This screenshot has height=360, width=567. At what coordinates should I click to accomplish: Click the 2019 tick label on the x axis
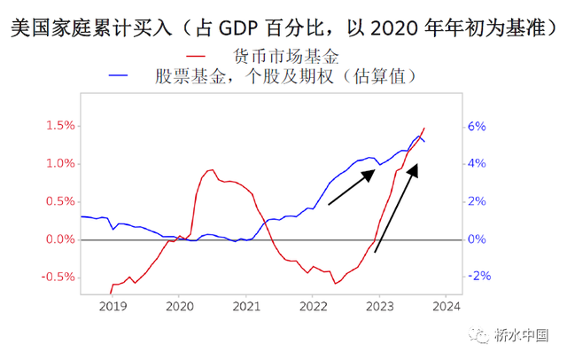[113, 307]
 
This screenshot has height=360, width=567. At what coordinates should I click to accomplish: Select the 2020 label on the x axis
[180, 307]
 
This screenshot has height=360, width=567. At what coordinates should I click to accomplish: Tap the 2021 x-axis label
[247, 307]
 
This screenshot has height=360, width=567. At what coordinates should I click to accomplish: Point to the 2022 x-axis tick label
[314, 307]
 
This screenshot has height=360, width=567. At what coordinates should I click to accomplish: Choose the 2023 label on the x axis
[380, 307]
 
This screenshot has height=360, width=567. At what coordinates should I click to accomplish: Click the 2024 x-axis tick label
[447, 307]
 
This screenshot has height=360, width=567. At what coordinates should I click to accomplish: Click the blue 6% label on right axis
[478, 126]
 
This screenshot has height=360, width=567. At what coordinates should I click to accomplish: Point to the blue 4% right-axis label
[478, 164]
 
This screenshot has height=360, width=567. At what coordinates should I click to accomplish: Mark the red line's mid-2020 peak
[211, 169]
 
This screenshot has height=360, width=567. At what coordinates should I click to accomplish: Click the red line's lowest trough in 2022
[335, 283]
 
